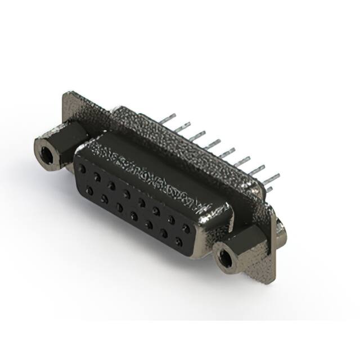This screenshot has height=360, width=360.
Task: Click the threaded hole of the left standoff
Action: point(44,150)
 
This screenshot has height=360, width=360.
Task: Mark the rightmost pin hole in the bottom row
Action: point(178,242)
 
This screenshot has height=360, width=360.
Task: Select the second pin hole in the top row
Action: point(97,177)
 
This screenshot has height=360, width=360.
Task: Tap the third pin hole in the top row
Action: point(112,185)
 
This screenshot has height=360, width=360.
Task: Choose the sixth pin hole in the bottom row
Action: point(164,233)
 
